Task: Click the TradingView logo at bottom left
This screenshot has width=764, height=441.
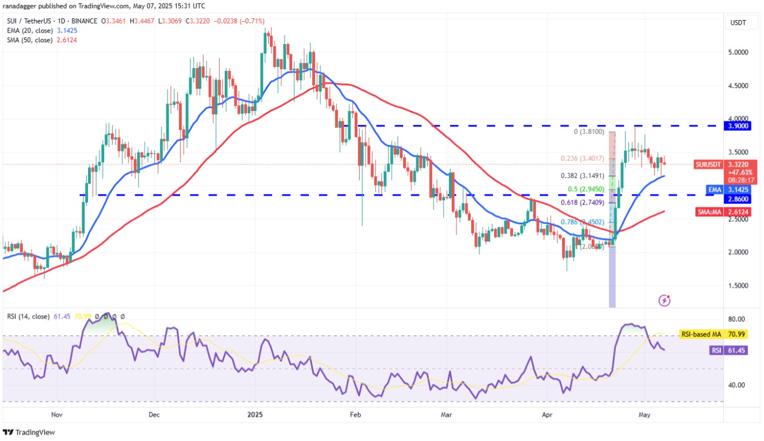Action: point(29,433)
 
